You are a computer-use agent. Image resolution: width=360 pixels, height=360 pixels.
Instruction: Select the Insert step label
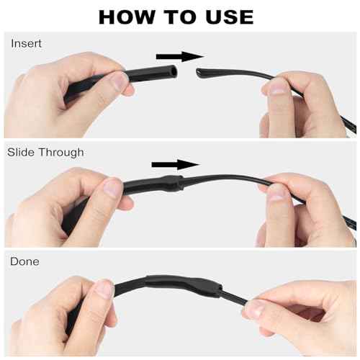26,43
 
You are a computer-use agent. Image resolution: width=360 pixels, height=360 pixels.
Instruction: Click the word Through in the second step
61,153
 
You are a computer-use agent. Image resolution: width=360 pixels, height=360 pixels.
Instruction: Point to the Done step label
24,261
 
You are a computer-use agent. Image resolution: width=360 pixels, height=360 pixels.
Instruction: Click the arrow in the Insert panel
180,57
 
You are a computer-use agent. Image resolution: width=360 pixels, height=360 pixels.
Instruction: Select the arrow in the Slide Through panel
176,165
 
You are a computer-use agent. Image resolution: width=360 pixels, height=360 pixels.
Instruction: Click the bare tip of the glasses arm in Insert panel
199,72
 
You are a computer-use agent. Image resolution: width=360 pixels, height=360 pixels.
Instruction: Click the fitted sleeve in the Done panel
184,285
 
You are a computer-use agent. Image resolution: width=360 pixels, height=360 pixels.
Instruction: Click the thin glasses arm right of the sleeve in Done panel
234,297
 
